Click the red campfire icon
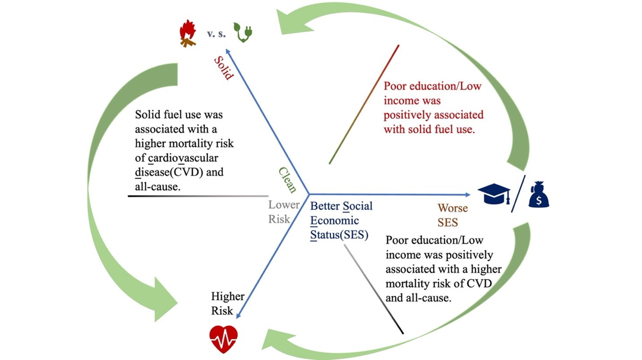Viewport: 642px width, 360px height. point(188,34)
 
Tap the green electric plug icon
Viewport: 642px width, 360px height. point(243,32)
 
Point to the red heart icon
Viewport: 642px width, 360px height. point(223,339)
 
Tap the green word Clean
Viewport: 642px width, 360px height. point(287,180)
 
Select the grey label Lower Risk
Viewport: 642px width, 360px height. point(283,212)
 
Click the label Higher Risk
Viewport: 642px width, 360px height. point(227,304)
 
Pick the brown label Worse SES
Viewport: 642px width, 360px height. point(452,214)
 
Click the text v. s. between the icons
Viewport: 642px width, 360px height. point(216,33)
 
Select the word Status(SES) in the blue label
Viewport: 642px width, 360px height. point(339,235)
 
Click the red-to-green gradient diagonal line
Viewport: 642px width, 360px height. point(364,104)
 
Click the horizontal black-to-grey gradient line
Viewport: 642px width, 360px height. point(198,196)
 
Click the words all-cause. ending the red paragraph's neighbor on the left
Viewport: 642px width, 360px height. point(157,187)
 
